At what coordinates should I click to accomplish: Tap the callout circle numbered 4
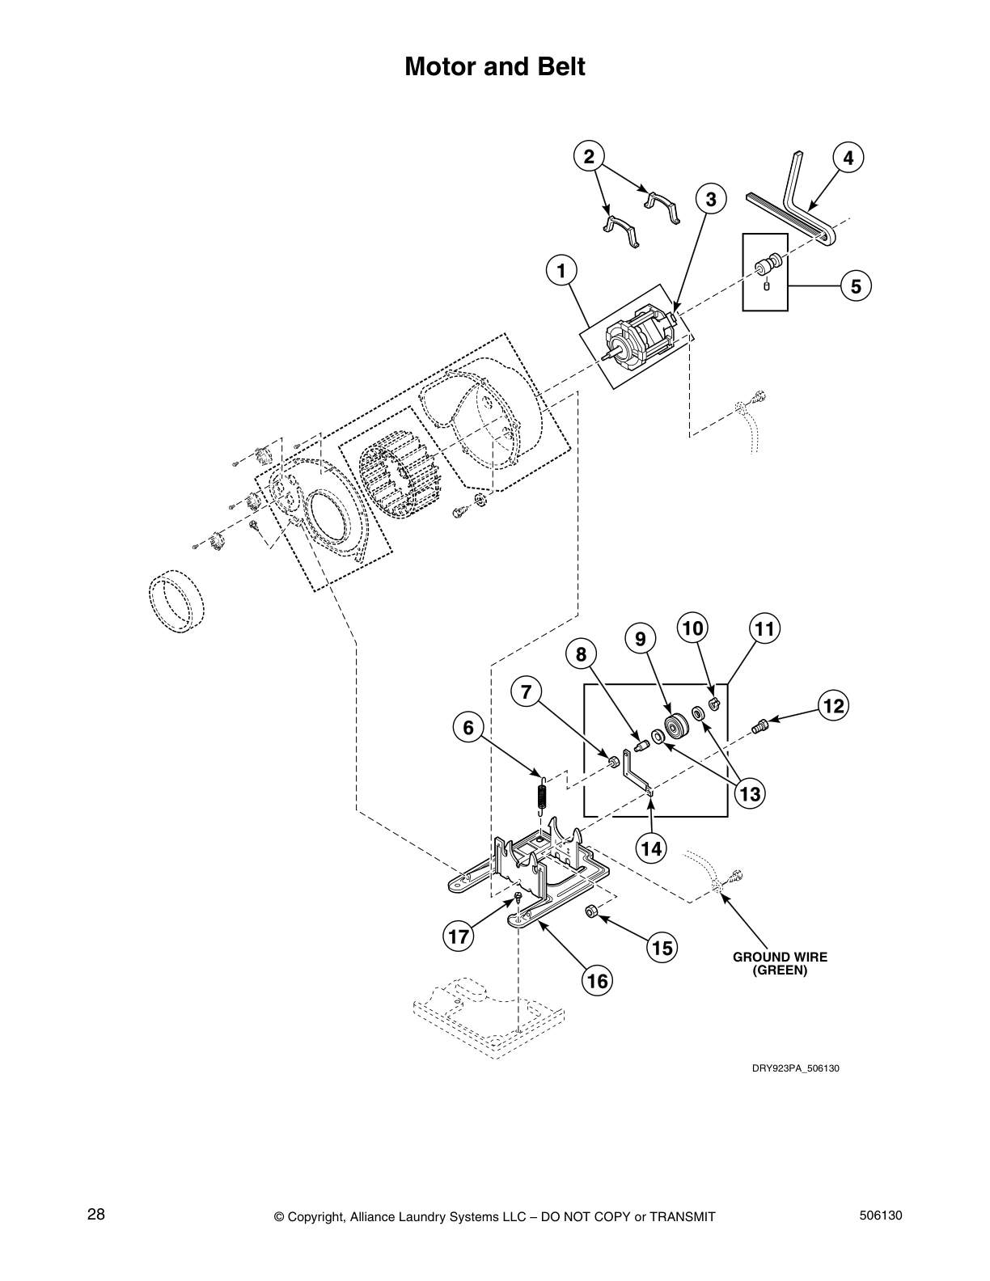coord(848,159)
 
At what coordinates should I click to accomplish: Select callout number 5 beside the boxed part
coord(856,285)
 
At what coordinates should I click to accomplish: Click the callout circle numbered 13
coord(750,794)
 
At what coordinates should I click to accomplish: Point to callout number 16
coord(596,981)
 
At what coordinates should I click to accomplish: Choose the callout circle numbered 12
coord(834,706)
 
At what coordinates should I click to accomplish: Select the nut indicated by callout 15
coord(592,911)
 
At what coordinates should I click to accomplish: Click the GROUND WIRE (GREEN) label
coord(780,963)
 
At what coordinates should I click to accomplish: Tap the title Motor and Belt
coord(494,67)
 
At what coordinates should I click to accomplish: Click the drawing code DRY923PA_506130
coord(796,1067)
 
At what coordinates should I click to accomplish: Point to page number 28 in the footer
coord(96,1215)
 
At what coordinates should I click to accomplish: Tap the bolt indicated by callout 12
coord(759,725)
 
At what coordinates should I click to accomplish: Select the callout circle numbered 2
coord(589,156)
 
